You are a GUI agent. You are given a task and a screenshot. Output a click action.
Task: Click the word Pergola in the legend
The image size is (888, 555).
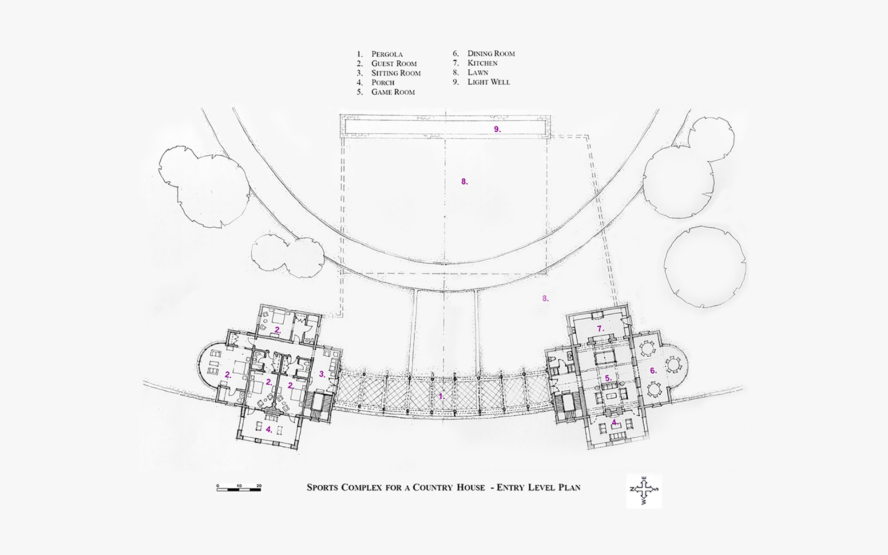click(387, 54)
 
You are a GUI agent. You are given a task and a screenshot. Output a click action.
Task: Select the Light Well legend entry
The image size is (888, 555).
click(488, 82)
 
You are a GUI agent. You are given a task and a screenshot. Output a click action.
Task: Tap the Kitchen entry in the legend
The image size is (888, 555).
click(482, 63)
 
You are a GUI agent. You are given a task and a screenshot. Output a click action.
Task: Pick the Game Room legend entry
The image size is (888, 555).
click(393, 92)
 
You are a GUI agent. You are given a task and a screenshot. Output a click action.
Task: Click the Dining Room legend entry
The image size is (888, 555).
click(491, 54)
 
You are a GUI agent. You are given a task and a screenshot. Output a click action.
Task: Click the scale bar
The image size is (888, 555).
click(239, 489)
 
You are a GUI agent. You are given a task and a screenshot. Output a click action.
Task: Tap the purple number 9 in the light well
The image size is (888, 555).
click(497, 129)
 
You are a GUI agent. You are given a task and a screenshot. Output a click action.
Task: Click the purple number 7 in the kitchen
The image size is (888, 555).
click(600, 329)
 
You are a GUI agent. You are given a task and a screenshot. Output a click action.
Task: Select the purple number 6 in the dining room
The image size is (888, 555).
click(653, 370)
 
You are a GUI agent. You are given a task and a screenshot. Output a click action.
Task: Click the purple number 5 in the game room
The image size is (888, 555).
click(608, 378)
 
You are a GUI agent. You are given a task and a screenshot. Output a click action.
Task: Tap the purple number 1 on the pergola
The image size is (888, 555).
click(441, 396)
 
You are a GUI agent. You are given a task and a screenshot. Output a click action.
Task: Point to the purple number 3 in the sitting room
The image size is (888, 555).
click(322, 374)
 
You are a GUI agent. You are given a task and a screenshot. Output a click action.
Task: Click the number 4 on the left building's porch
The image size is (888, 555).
click(268, 429)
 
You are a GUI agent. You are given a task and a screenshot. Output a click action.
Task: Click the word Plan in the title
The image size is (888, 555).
click(569, 488)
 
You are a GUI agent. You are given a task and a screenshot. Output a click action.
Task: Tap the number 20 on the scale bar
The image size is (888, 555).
click(259, 486)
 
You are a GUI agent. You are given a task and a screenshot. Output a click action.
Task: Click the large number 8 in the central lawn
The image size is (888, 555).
click(464, 182)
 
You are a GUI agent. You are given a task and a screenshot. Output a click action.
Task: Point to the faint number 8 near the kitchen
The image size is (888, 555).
click(545, 299)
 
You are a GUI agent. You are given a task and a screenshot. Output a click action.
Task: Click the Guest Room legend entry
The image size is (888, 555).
click(394, 63)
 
